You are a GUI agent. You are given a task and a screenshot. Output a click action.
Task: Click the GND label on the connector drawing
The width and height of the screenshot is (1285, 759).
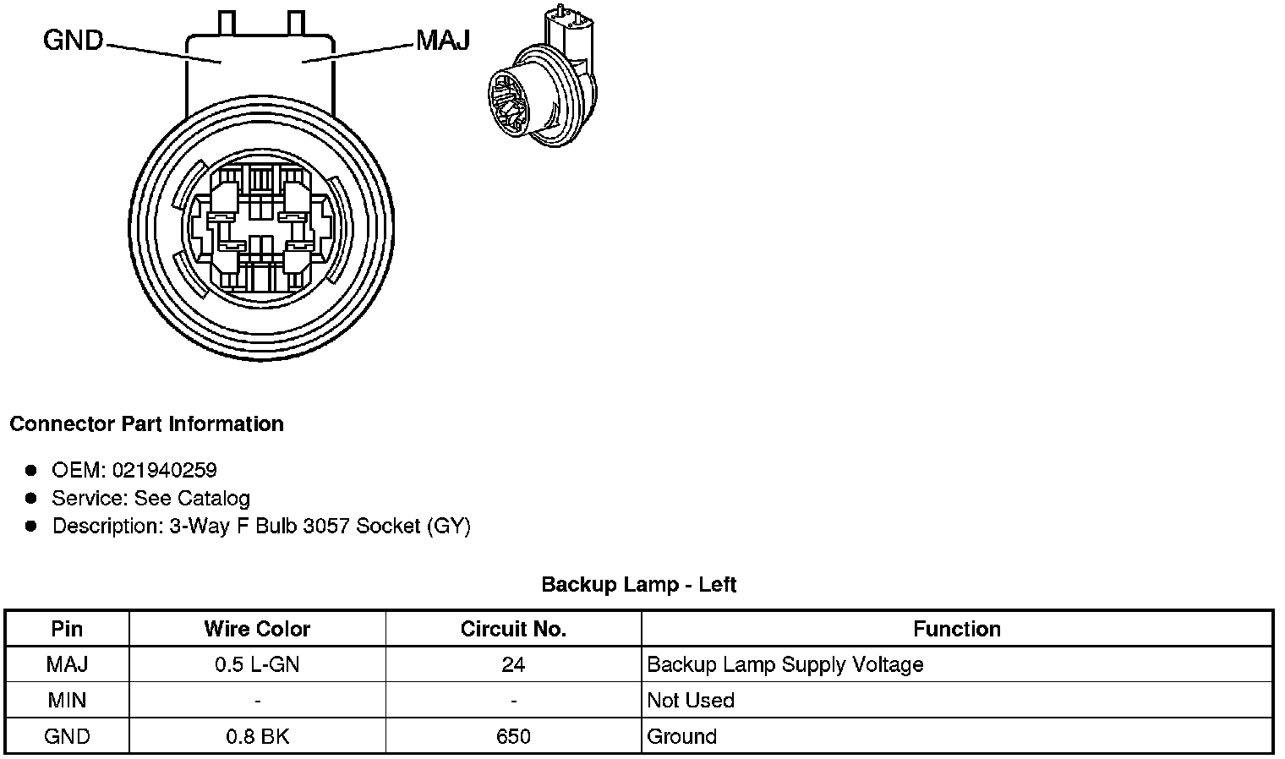click(x=73, y=41)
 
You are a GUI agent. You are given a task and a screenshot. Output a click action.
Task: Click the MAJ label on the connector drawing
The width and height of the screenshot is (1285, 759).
click(x=442, y=41)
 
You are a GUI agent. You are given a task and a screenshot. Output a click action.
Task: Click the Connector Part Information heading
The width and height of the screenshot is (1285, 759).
click(x=146, y=423)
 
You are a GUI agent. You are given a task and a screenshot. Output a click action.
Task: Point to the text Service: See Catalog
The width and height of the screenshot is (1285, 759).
click(x=150, y=498)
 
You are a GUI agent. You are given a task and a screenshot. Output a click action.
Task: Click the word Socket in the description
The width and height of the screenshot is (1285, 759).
click(x=388, y=526)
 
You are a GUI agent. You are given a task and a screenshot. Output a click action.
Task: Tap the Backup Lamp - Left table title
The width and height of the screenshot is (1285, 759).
click(x=638, y=584)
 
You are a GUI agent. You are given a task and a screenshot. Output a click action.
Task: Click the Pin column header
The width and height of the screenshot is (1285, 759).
click(x=67, y=629)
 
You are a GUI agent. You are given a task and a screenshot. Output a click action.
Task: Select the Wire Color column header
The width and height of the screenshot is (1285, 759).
click(x=257, y=629)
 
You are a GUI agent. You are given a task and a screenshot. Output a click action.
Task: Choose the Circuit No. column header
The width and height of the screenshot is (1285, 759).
click(x=513, y=629)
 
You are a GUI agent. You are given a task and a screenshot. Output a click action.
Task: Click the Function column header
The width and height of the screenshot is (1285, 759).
click(x=956, y=629)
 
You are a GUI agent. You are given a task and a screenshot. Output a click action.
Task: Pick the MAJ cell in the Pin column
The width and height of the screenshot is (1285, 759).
click(x=67, y=664)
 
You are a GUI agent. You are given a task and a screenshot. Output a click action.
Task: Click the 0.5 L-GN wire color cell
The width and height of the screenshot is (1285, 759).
click(x=257, y=664)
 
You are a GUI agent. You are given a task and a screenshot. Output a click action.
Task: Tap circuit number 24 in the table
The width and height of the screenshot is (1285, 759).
click(x=513, y=664)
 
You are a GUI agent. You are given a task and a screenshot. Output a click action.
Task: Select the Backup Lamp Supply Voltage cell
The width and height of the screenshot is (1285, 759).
click(x=785, y=664)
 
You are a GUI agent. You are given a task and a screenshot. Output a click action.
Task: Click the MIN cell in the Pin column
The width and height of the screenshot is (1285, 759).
click(x=67, y=701)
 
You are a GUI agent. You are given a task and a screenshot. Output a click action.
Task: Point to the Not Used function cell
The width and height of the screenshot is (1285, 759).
click(x=690, y=701)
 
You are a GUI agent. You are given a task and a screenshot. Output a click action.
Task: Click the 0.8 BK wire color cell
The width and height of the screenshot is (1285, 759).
click(x=257, y=736)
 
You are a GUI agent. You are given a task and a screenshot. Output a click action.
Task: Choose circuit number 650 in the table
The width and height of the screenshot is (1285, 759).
click(x=513, y=736)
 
